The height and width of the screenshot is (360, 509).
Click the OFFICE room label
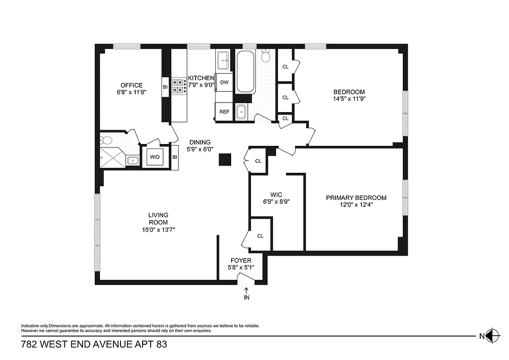click(x=131, y=85)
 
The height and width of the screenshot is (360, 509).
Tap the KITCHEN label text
click(x=201, y=78)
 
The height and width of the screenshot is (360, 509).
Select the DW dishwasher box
click(x=224, y=82)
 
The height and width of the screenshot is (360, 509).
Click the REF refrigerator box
click(x=224, y=112)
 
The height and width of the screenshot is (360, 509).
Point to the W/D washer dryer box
click(x=155, y=157)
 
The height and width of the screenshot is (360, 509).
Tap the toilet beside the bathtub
click(x=266, y=56)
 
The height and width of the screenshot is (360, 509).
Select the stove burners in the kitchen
click(x=179, y=86)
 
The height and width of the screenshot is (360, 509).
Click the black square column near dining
click(x=225, y=160)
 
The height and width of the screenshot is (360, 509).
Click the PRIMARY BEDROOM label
click(x=356, y=198)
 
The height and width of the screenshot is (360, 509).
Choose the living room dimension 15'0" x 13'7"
click(x=158, y=229)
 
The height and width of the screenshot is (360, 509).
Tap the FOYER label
click(x=241, y=261)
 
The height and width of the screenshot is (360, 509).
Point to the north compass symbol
click(x=493, y=335)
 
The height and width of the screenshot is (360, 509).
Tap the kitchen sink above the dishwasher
click(x=224, y=58)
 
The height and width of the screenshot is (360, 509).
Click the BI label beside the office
click(x=165, y=87)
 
